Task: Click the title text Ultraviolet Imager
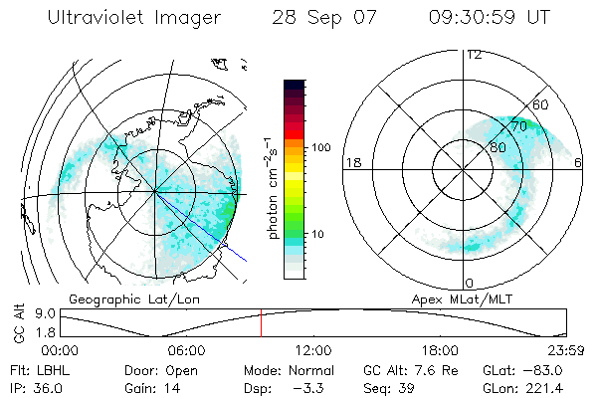[x=129, y=19]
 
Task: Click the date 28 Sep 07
[x=320, y=19]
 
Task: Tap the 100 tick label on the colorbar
[x=320, y=147]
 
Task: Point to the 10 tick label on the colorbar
[x=317, y=234]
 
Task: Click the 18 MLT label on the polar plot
[x=351, y=162]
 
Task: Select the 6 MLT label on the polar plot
[x=579, y=162]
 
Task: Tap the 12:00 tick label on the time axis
[x=313, y=350]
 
